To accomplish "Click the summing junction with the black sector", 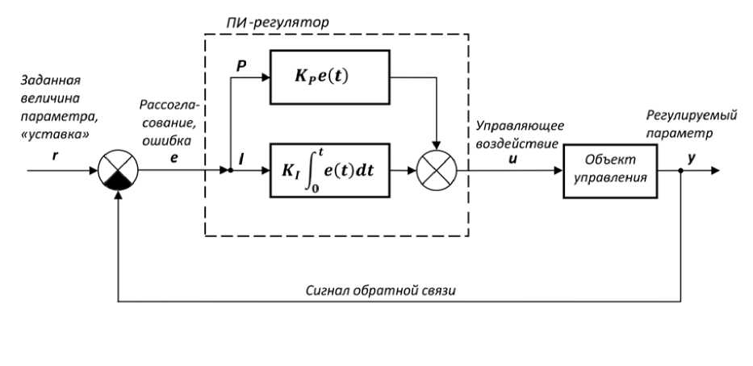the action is [118, 170].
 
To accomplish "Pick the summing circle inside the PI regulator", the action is [437, 170].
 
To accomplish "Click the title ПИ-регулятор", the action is [277, 23].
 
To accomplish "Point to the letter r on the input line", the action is [55, 156].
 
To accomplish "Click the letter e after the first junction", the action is [174, 157].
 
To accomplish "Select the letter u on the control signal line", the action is [512, 158].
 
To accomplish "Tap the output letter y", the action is [692, 159].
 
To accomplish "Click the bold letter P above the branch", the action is [241, 67].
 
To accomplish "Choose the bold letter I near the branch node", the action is [241, 158].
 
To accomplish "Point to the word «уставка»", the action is [55, 135].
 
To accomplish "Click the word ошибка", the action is [166, 140].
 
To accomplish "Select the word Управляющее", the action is [520, 127].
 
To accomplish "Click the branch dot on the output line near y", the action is [680, 170].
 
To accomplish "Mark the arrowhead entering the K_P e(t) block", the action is [265, 77].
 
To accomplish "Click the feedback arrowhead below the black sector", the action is [118, 196].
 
